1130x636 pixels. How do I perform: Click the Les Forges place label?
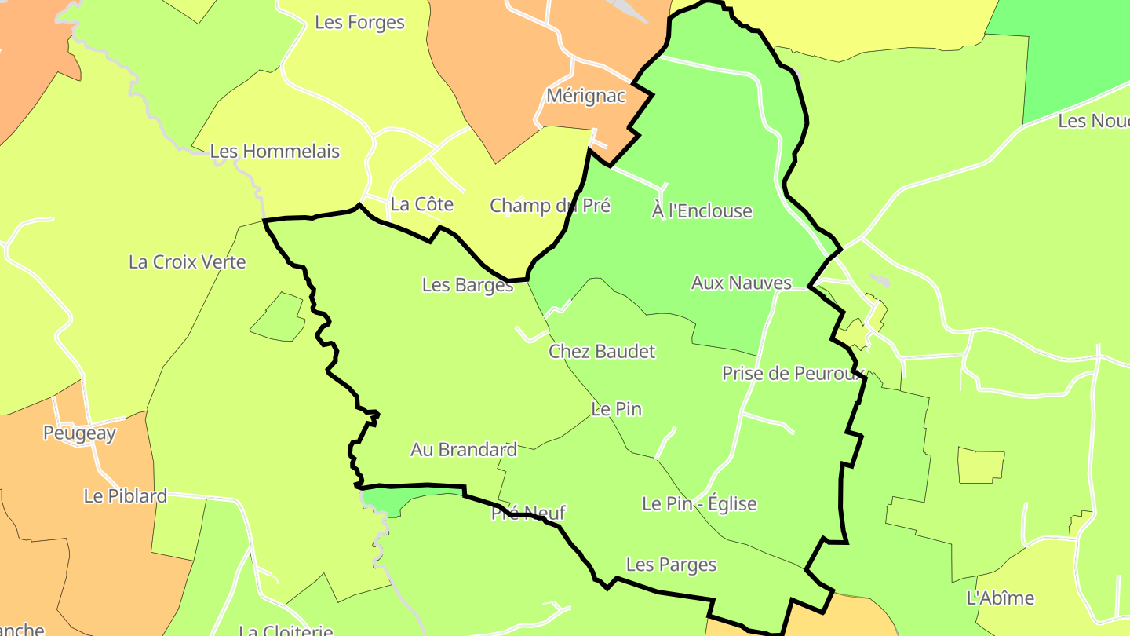coord(359,22)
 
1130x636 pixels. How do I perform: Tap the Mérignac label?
coord(586,96)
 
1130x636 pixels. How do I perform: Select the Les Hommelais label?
coord(275,151)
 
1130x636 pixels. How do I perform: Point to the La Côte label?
coord(421,204)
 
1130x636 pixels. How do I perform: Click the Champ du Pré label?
coord(549,206)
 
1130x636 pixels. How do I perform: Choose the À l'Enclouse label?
coord(702,210)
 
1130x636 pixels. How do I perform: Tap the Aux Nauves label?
coord(741,283)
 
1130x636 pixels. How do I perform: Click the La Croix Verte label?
coord(187,262)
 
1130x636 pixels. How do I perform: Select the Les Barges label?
coord(467,285)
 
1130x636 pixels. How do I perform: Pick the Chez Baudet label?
coord(601,351)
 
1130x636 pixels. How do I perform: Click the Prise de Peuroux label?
coord(793,373)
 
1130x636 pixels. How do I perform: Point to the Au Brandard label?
coord(464,450)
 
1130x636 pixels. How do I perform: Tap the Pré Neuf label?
coord(528,514)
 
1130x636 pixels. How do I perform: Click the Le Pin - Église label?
coord(698,503)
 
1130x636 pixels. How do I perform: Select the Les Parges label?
coord(671,565)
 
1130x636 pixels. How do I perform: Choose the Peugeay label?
coord(79,433)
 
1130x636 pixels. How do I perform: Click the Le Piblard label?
coord(125,496)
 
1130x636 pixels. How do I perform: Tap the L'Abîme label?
coord(1000,598)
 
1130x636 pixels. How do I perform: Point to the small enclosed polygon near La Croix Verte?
coord(278,318)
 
